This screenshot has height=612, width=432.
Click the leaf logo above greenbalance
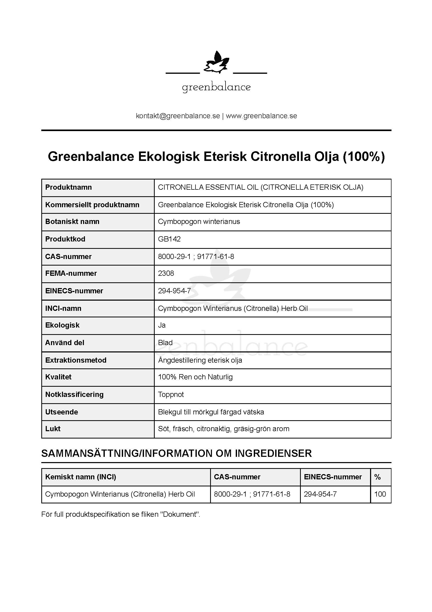[216, 63]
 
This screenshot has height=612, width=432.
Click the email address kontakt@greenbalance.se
[178, 116]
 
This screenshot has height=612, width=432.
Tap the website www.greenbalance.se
[261, 116]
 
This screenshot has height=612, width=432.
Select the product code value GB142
[169, 239]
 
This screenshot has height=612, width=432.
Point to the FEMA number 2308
[166, 273]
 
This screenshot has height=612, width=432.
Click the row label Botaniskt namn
[72, 222]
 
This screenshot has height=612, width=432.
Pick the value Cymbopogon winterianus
[199, 222]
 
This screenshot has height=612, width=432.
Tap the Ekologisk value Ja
[162, 325]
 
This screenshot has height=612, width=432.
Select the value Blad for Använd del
[165, 343]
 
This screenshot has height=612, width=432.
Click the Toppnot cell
[171, 395]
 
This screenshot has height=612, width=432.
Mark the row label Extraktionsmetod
[76, 360]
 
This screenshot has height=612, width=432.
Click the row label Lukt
[53, 429]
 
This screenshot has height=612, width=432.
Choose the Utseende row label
[61, 412]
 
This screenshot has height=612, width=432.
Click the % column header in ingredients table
[377, 477]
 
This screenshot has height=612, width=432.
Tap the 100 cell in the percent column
[380, 494]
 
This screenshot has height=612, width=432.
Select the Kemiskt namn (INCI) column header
[80, 477]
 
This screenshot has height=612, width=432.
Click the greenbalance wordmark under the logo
[216, 87]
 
